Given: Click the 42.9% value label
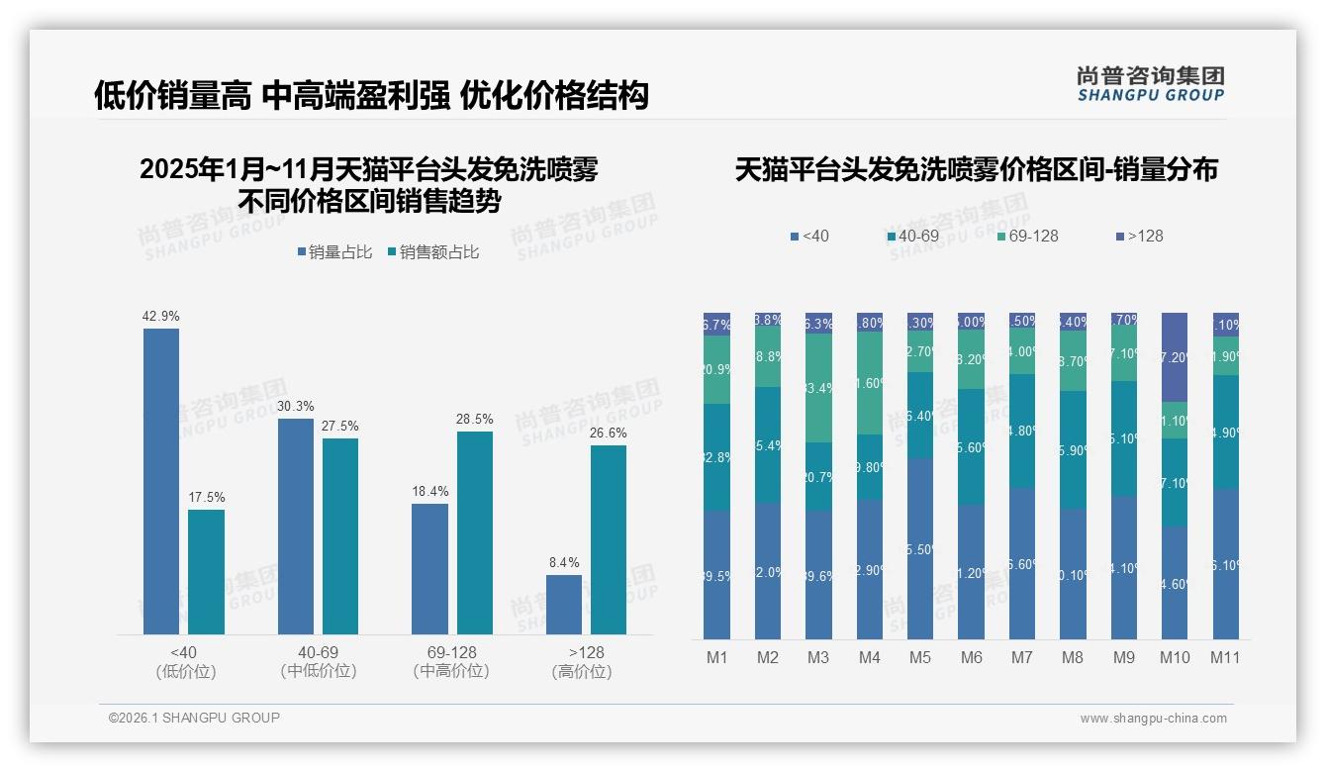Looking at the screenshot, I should [161, 317].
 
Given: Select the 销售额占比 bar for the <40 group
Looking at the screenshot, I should [206, 571].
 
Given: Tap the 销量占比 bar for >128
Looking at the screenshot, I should [564, 604].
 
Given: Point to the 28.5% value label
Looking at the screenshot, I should [474, 420].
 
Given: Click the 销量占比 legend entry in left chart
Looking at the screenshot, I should [334, 252].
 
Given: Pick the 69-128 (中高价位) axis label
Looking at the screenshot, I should [451, 661].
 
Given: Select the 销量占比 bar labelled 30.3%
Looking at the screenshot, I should [296, 526].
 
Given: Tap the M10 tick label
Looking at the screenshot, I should [1175, 657].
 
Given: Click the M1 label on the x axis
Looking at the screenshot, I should [717, 657].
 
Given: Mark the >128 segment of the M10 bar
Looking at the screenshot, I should [1175, 356].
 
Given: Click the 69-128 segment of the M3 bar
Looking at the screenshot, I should [818, 387].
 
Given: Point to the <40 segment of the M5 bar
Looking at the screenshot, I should [920, 547].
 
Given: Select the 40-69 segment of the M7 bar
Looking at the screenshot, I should [1022, 431].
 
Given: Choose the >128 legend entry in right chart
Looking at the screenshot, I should [1140, 236].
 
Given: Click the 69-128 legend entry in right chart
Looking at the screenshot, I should [1027, 236].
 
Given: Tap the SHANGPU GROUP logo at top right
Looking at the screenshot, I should [1150, 84].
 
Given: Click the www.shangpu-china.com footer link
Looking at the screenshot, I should [1153, 719].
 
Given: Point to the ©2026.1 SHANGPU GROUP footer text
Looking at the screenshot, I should [194, 718].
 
